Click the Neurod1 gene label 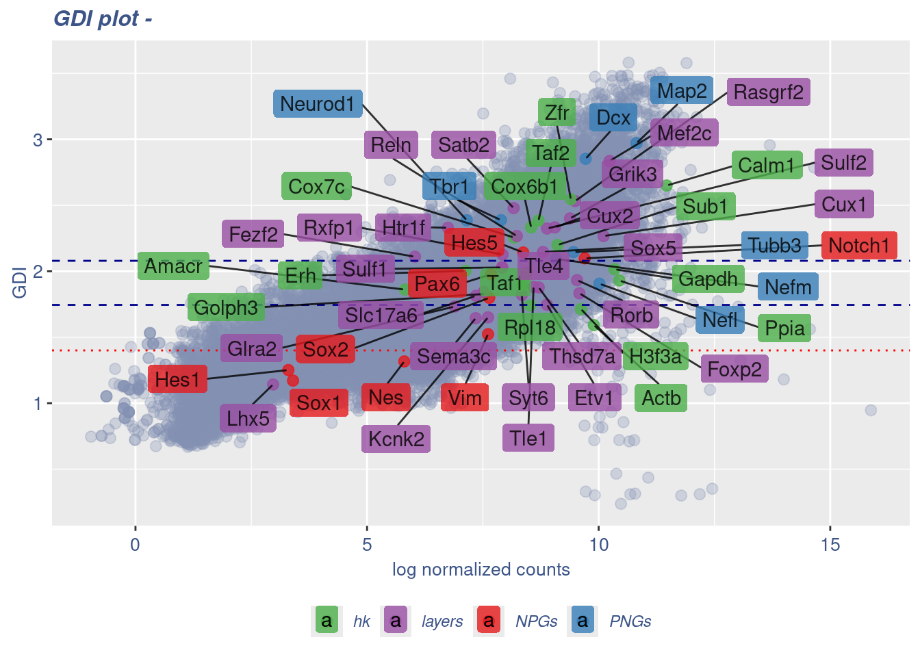point(318,104)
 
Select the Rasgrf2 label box point(768,92)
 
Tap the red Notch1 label point(858,246)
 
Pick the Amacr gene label point(173,266)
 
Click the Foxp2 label point(734,370)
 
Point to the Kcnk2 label point(396,439)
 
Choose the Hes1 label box point(177,379)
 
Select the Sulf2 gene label point(843,163)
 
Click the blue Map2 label point(681,91)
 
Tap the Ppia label point(784,328)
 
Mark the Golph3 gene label point(225,308)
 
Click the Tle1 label point(528,438)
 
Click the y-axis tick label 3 point(38,140)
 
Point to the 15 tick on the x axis point(830,545)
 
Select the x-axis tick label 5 point(367,545)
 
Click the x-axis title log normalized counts point(481,569)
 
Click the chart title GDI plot point(103,18)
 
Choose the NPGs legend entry point(536,621)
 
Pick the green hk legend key point(327,621)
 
